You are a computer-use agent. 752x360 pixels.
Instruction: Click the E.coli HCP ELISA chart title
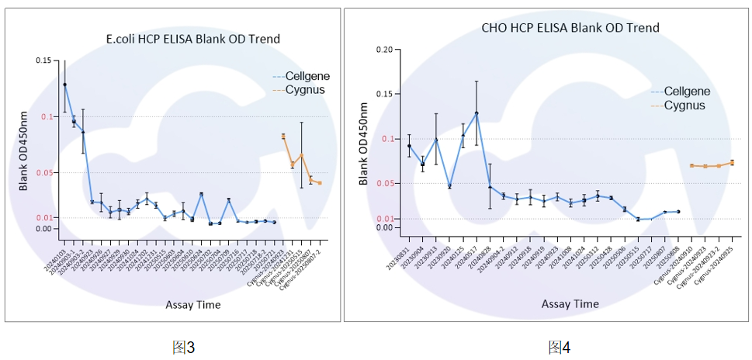coord(192,39)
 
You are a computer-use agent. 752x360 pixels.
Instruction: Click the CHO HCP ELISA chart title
coord(570,28)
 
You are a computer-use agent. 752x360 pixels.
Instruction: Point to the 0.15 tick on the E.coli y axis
coord(43,61)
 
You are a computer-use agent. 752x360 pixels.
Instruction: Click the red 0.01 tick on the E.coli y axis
coord(43,217)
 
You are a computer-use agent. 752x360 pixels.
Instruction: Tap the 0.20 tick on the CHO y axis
coord(384,50)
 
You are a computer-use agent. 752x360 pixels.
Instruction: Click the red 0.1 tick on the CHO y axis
coord(387,139)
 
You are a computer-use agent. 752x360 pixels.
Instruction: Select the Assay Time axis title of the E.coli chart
coord(192,305)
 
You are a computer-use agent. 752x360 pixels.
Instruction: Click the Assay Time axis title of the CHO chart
coord(570,303)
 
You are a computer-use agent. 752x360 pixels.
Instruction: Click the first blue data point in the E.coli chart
coord(64,85)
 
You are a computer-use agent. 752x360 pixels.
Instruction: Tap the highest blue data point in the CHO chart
coord(476,113)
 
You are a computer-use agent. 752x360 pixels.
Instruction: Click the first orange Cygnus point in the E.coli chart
coord(283,137)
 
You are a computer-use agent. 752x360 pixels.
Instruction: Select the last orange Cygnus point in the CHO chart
coord(732,162)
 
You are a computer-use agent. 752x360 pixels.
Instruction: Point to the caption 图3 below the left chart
coord(182,347)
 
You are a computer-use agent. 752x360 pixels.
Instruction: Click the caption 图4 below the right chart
coord(559,347)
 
